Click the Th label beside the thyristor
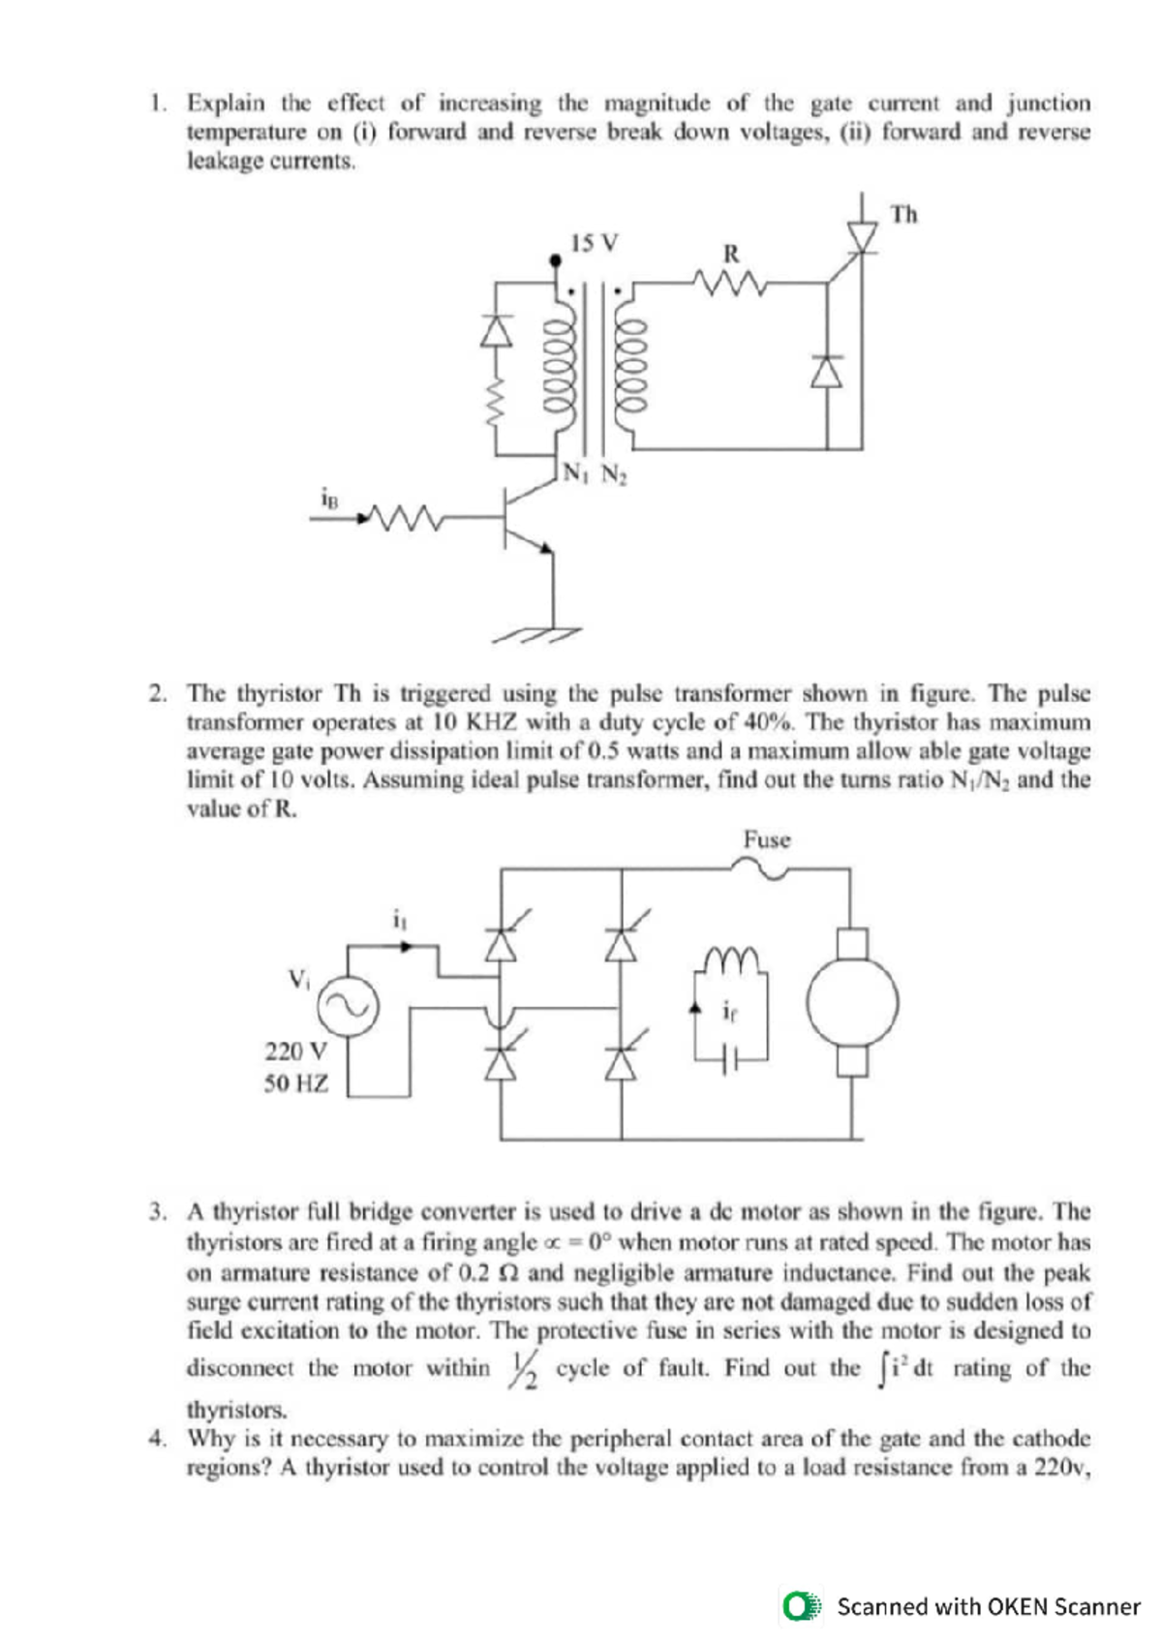pyautogui.click(x=902, y=214)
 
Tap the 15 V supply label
pyautogui.click(x=594, y=243)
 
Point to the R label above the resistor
pyautogui.click(x=731, y=254)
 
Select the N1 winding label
pyautogui.click(x=574, y=473)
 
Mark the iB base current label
pyautogui.click(x=330, y=498)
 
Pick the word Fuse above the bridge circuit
pyautogui.click(x=767, y=839)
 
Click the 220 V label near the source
pyautogui.click(x=295, y=1051)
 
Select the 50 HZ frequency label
pyautogui.click(x=295, y=1083)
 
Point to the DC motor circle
pyautogui.click(x=852, y=1003)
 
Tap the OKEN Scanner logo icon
pyautogui.click(x=802, y=1606)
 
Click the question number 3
pyautogui.click(x=157, y=1211)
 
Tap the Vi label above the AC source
pyautogui.click(x=298, y=978)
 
